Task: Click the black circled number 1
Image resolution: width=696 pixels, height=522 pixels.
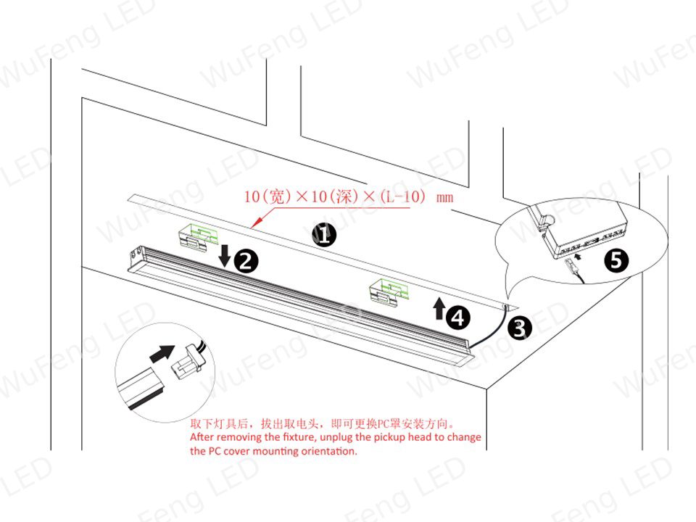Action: tap(324, 234)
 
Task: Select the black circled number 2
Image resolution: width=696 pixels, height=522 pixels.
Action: tap(246, 260)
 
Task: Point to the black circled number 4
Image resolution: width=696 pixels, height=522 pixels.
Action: tap(457, 318)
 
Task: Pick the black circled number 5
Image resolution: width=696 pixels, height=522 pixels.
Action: tap(616, 260)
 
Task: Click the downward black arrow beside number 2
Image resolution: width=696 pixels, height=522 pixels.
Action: tap(225, 255)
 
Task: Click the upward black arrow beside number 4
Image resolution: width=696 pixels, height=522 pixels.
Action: tap(439, 309)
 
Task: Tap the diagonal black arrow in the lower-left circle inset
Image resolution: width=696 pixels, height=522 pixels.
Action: tap(162, 353)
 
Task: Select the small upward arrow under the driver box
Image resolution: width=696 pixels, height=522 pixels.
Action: tap(577, 256)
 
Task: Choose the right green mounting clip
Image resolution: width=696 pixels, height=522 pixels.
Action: tap(390, 291)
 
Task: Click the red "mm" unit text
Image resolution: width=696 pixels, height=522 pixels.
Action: tap(444, 197)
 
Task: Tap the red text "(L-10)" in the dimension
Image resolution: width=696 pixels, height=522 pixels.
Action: tap(402, 196)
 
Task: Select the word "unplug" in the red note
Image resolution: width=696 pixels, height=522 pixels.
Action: tap(336, 437)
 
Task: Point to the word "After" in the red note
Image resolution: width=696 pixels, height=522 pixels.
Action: tap(202, 436)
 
